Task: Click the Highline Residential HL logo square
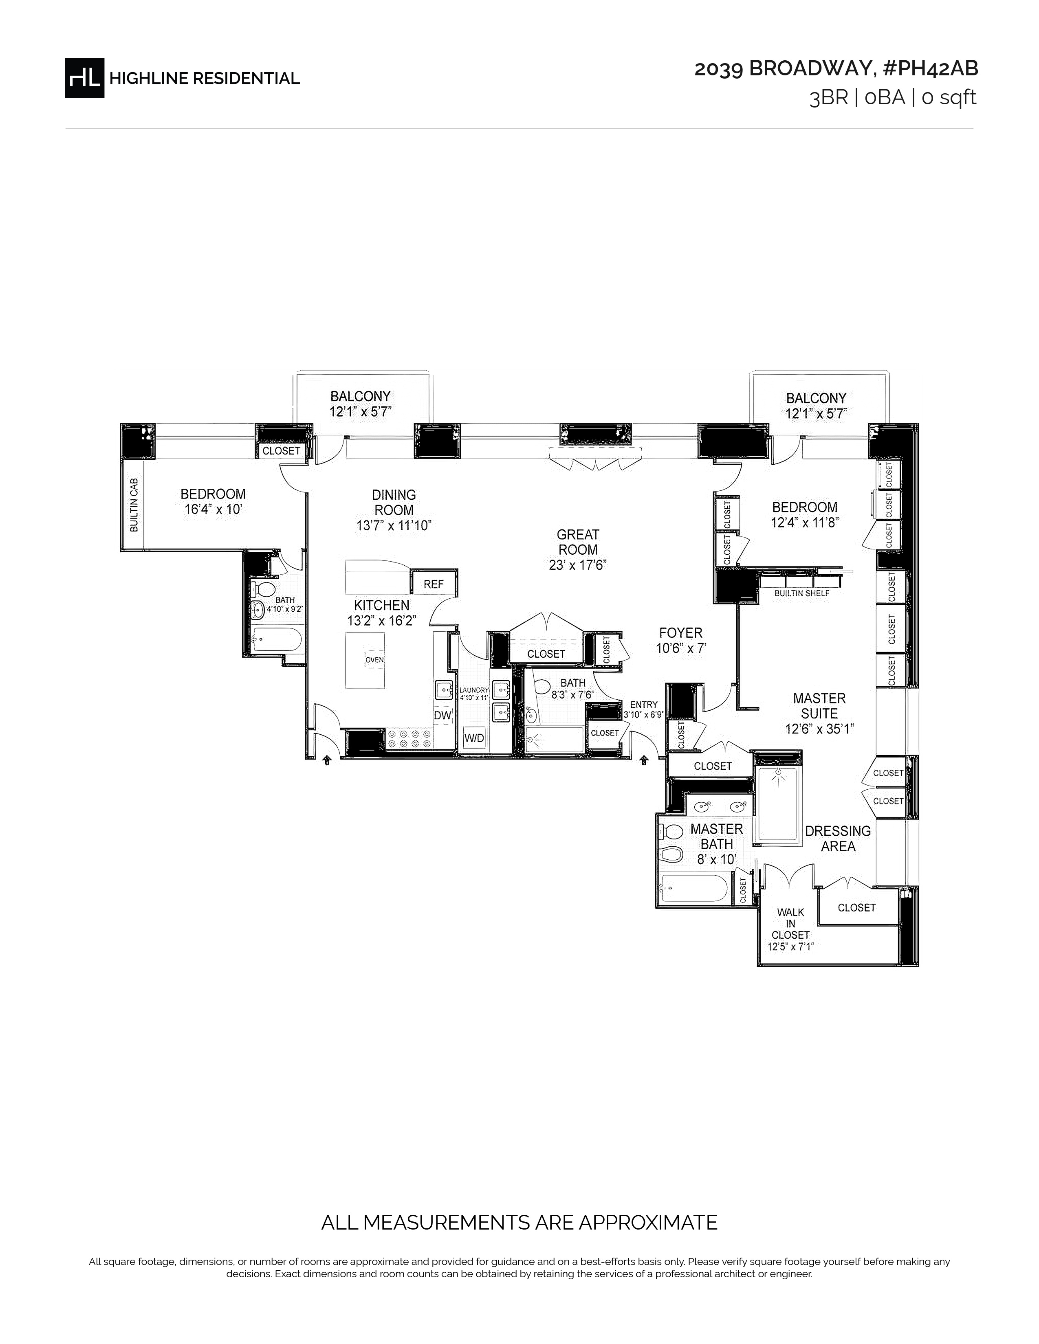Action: pyautogui.click(x=84, y=77)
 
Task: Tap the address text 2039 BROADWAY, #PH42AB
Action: pyautogui.click(x=836, y=69)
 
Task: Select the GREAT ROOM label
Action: pyautogui.click(x=578, y=542)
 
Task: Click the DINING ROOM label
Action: pyautogui.click(x=394, y=502)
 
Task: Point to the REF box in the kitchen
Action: pyautogui.click(x=434, y=584)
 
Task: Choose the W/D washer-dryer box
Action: pyautogui.click(x=474, y=738)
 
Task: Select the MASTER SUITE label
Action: pyautogui.click(x=819, y=706)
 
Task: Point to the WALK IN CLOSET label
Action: pyautogui.click(x=791, y=923)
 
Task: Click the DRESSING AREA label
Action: pyautogui.click(x=838, y=839)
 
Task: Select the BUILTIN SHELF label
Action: pyautogui.click(x=802, y=593)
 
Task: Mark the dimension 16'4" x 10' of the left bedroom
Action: pyautogui.click(x=213, y=509)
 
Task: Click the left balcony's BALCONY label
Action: pyautogui.click(x=361, y=396)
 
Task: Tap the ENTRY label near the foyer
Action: pyautogui.click(x=644, y=705)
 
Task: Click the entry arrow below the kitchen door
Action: pyautogui.click(x=327, y=761)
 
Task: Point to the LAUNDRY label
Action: pyautogui.click(x=474, y=690)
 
